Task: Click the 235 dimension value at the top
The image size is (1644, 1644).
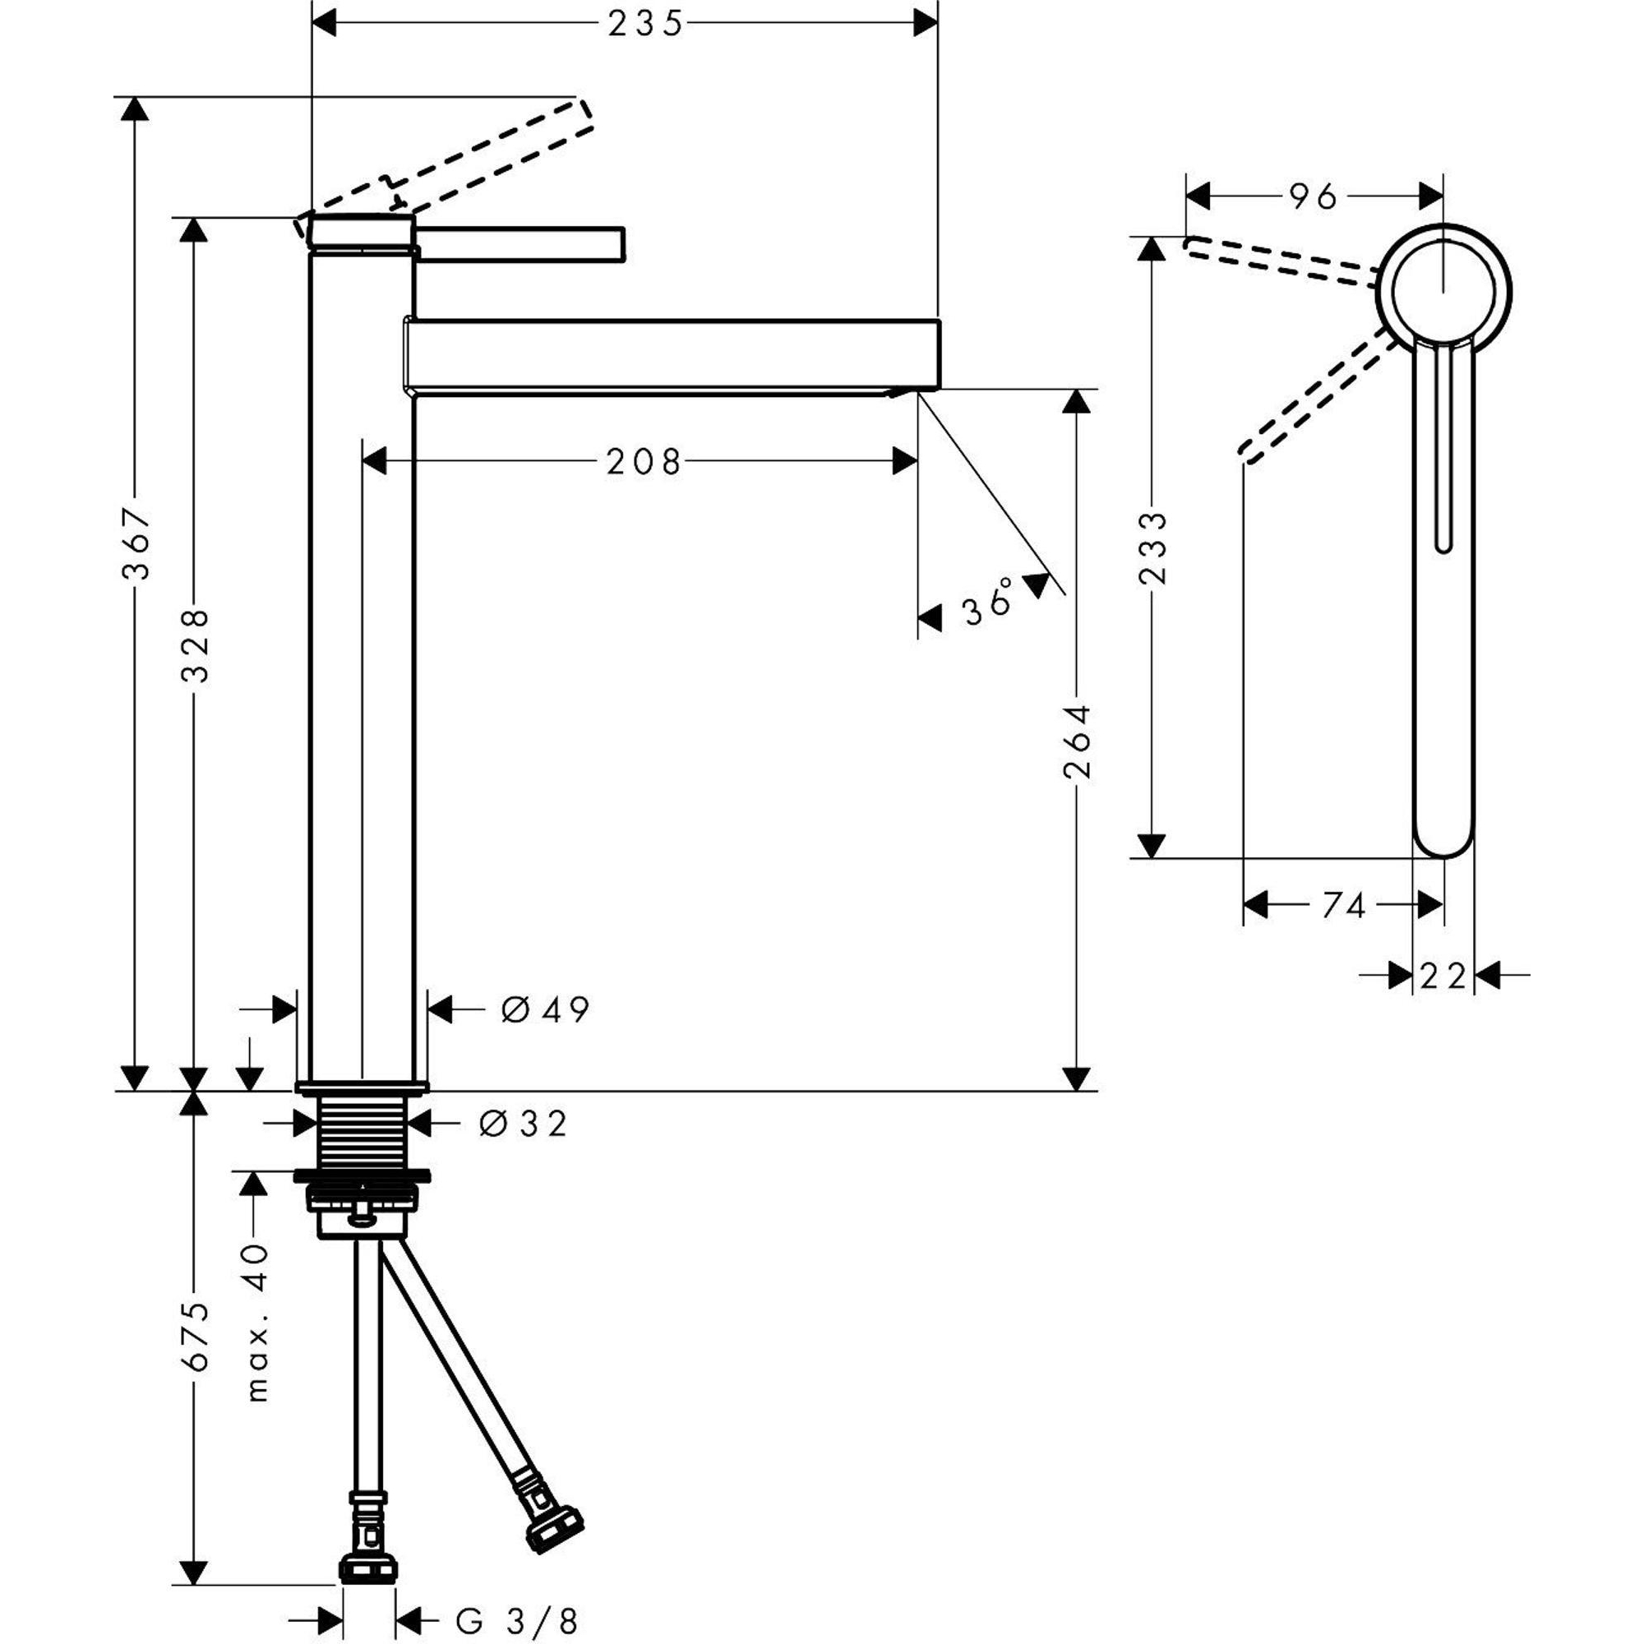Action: point(645,25)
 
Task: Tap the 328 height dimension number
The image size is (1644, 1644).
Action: point(196,645)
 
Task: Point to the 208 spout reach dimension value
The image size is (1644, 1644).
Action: point(644,462)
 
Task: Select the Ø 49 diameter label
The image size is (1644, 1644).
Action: point(546,1010)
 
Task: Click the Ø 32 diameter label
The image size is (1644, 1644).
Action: point(524,1124)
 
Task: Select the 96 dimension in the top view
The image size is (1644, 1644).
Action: point(1314,197)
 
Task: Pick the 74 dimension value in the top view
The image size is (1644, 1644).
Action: point(1344,905)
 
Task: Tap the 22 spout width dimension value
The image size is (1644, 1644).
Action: point(1443,976)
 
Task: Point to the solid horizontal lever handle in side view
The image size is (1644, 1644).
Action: point(521,243)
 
